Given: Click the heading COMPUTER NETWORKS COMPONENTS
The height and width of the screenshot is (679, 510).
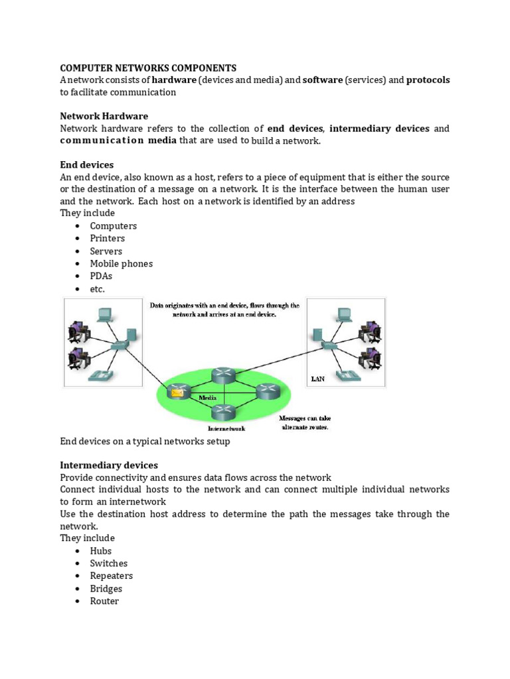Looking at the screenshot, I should (x=148, y=68).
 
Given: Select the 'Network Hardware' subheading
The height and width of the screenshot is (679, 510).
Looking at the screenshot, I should (x=104, y=116).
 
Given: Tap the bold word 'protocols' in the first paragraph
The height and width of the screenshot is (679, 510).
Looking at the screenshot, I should (x=428, y=80).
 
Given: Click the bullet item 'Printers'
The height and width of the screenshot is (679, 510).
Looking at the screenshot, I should (x=108, y=239).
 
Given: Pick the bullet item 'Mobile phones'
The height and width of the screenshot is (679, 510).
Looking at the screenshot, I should (x=122, y=264).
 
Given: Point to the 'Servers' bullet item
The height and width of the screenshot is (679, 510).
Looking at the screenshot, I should (x=106, y=251).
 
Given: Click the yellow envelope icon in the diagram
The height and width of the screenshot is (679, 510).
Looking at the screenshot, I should (x=177, y=393).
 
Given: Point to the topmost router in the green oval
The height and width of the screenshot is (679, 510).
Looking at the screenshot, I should (x=224, y=376).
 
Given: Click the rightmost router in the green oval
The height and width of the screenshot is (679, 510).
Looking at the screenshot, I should (x=268, y=391).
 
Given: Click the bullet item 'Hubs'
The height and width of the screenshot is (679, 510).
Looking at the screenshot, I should (x=101, y=551).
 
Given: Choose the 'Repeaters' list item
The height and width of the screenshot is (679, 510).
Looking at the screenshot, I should (x=112, y=576).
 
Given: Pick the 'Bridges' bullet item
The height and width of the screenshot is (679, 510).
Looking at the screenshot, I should (x=106, y=589).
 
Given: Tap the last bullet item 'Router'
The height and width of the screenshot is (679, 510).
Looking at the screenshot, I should (x=104, y=601).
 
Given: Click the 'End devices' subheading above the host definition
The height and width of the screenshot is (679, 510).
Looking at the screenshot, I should (x=87, y=164).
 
